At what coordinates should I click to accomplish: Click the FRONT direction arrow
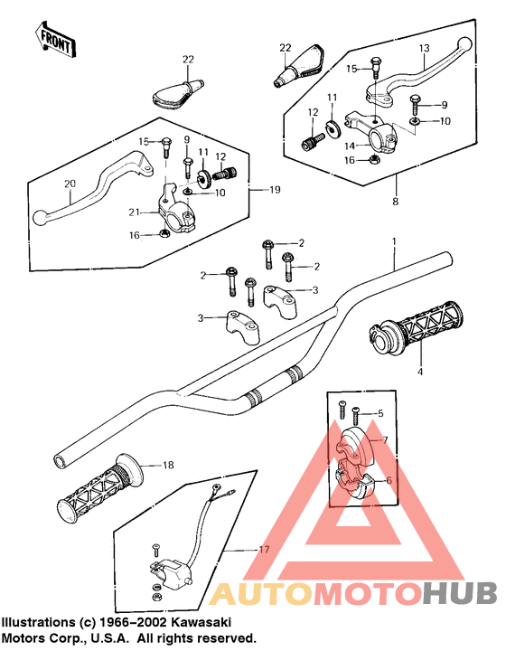tap(55, 40)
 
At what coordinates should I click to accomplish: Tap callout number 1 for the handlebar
tap(395, 241)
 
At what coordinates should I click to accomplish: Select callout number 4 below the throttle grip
tap(420, 372)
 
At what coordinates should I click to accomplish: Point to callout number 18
tap(168, 465)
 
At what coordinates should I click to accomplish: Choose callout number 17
tap(264, 550)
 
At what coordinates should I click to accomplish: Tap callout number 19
tap(275, 190)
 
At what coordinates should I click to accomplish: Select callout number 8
tap(395, 202)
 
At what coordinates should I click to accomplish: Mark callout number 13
tap(424, 48)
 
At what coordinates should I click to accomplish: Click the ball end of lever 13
tap(464, 43)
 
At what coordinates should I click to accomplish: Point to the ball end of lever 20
tap(40, 218)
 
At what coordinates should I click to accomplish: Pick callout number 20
tap(70, 183)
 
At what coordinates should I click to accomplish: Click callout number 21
tap(134, 212)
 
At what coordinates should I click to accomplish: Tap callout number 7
tap(385, 439)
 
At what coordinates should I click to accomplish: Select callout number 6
tap(389, 480)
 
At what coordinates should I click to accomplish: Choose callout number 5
tap(380, 413)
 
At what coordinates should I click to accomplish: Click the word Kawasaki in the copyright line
tap(201, 622)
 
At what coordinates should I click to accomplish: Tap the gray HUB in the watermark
tap(460, 593)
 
